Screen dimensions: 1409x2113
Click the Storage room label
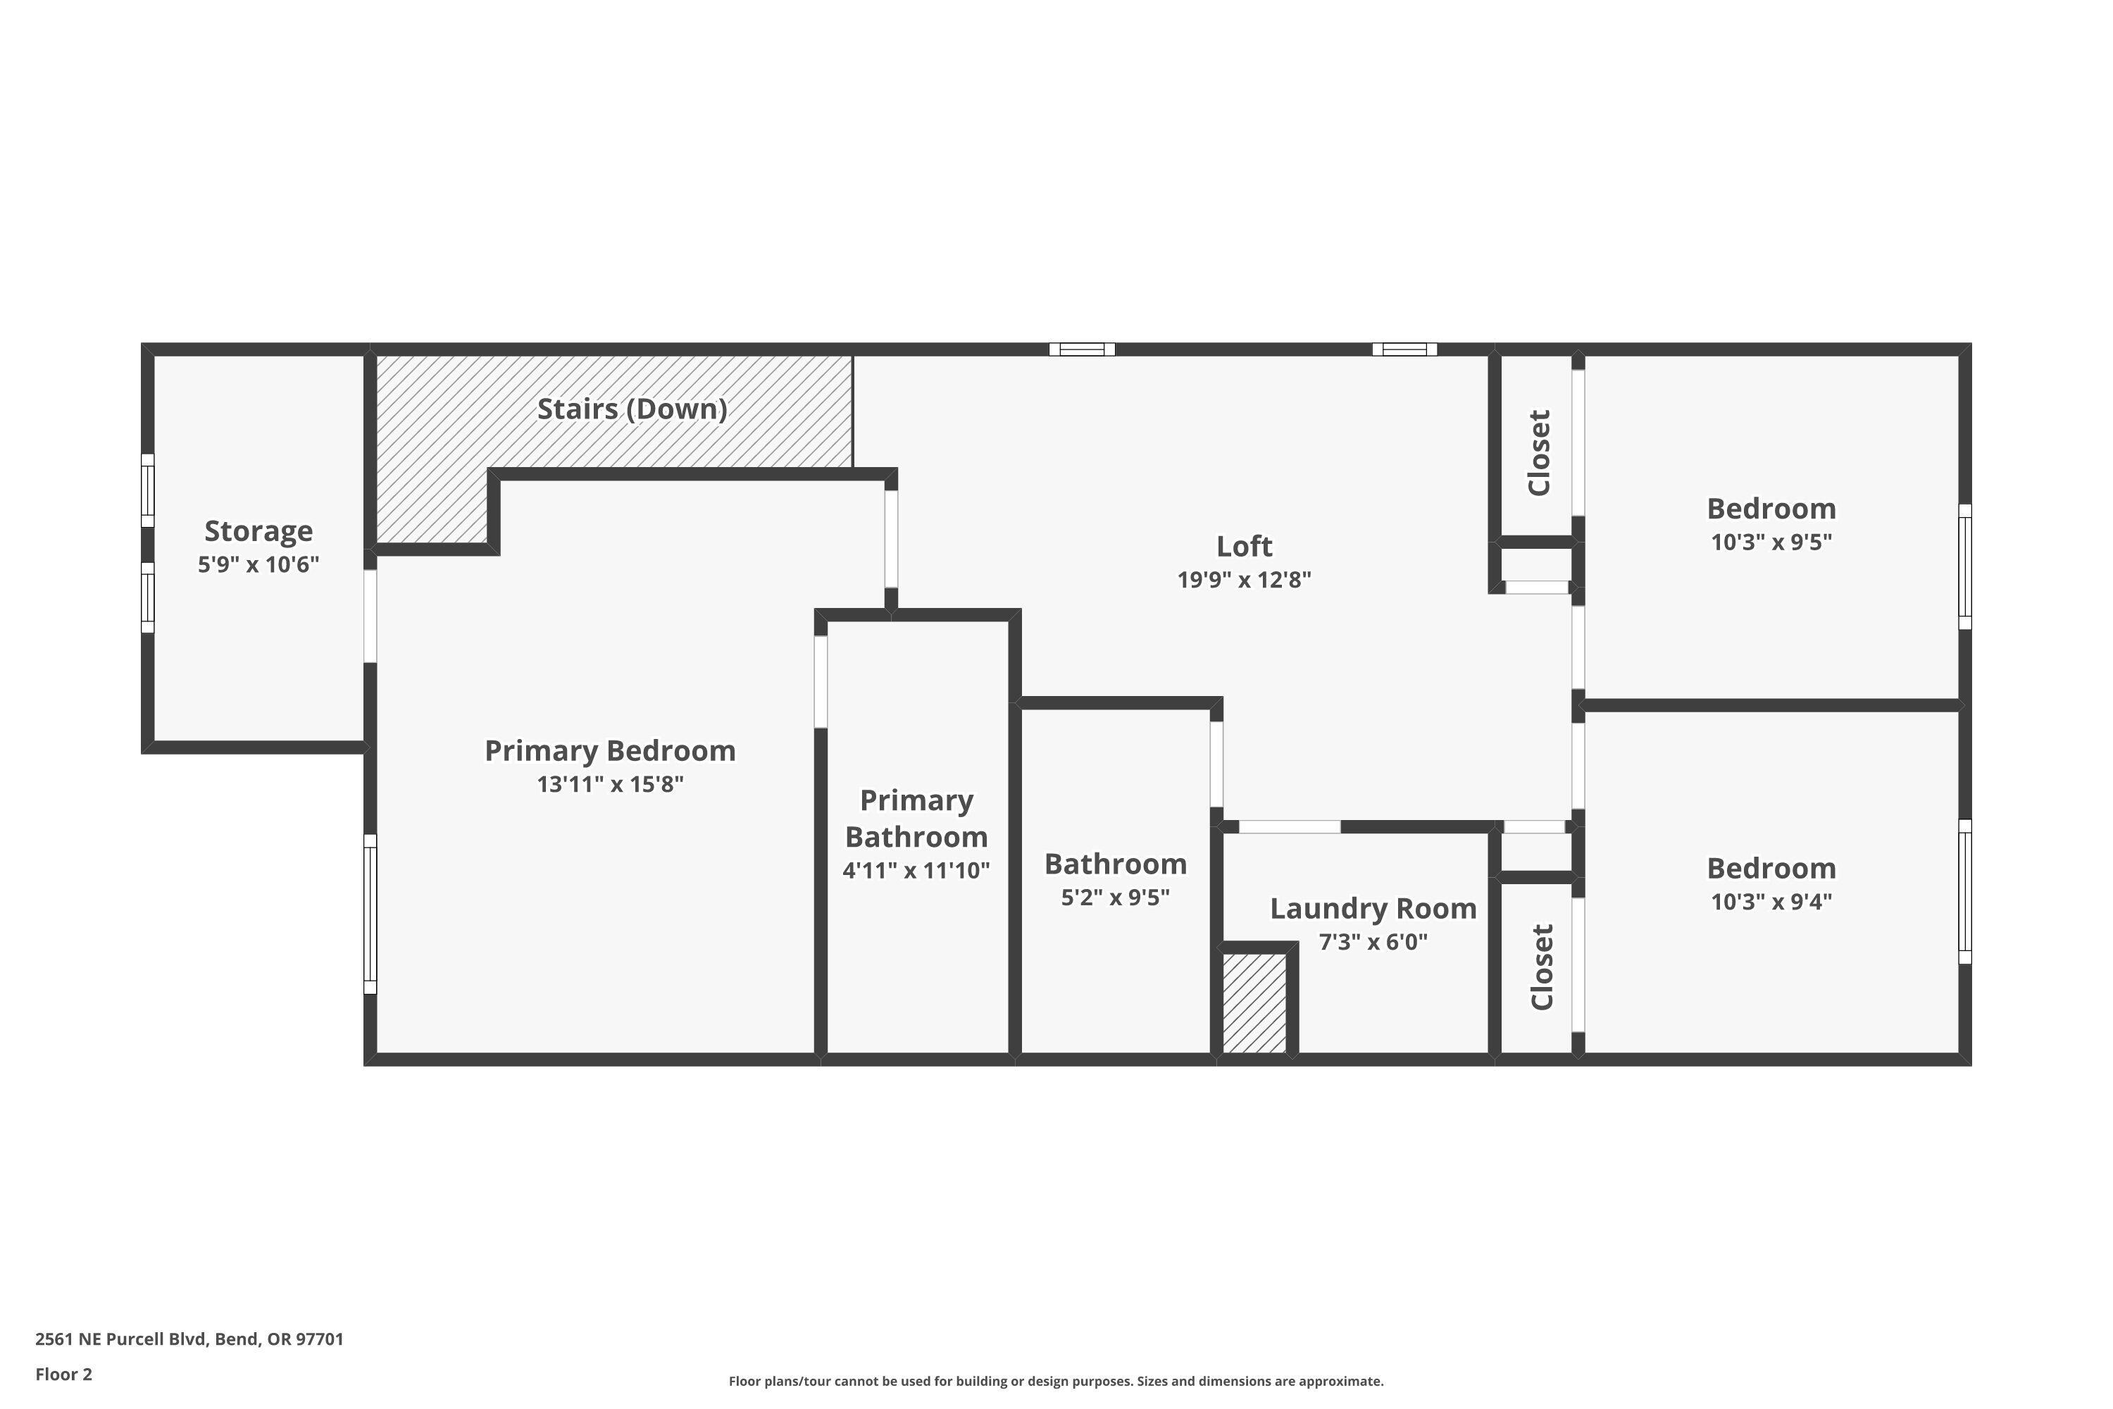coord(258,531)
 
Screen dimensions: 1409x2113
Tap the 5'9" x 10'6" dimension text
coord(258,565)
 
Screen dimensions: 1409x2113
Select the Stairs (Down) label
coord(632,409)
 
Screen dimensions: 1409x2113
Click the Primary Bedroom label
coord(610,750)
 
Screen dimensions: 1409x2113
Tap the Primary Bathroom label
coord(916,818)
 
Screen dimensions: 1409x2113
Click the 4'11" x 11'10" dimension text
coord(916,870)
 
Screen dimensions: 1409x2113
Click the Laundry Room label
coord(1373,909)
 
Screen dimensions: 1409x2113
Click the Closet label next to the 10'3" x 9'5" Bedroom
coord(1539,452)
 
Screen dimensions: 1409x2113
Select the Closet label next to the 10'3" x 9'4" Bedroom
coord(1542,967)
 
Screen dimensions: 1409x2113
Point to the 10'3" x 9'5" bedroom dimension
coord(1771,542)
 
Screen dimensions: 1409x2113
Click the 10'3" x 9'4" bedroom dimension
coord(1771,901)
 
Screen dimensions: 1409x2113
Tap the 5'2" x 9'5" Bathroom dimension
coord(1115,898)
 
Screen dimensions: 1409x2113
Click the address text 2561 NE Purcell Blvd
coord(189,1339)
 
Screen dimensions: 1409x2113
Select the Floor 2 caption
coord(64,1374)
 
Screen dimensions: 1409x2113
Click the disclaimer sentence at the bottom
coord(1056,1381)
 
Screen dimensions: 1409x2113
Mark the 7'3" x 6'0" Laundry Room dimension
coord(1373,942)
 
